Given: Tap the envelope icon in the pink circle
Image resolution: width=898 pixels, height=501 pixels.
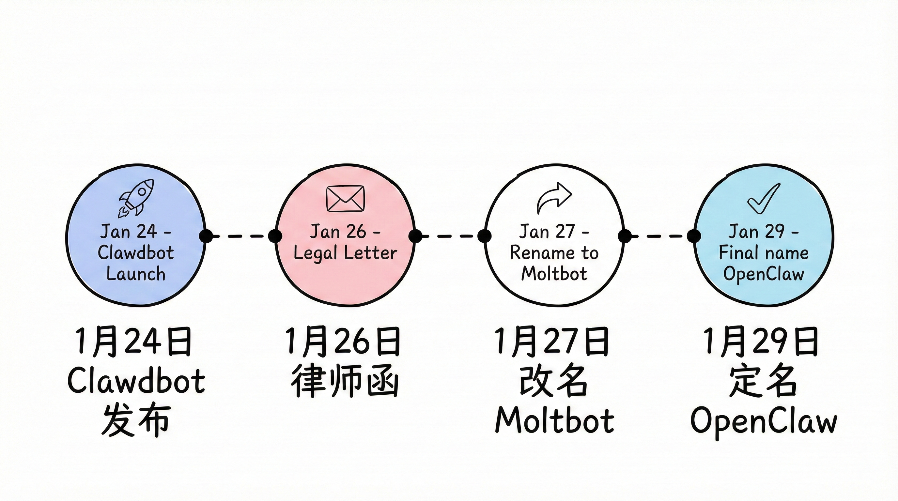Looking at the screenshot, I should (345, 199).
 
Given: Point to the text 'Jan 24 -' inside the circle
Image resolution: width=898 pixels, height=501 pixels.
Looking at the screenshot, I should (136, 232).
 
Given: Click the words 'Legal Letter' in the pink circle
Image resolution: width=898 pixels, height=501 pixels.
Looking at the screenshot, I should (345, 253).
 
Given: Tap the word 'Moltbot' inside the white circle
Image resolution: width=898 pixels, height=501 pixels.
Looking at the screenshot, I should (554, 273).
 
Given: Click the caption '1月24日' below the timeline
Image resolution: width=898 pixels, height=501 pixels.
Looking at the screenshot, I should (133, 342).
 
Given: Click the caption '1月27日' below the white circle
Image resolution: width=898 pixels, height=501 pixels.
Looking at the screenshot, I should (552, 342).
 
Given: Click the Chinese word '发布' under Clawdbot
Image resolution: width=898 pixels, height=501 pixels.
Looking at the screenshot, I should (136, 421).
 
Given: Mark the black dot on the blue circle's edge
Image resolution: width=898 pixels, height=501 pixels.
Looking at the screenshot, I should (206, 236).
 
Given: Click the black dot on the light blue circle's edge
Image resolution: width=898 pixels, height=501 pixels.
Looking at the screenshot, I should (694, 236).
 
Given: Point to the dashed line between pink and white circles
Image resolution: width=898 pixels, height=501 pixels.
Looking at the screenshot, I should (450, 236).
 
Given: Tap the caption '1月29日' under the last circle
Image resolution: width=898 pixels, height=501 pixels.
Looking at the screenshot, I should (761, 342).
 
